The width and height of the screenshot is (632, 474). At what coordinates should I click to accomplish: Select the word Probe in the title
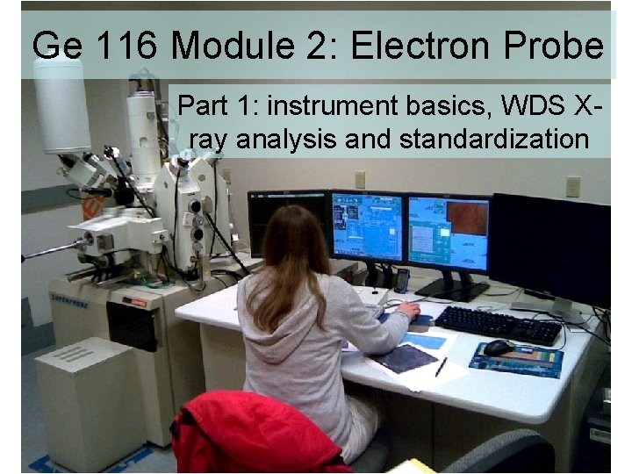[563, 46]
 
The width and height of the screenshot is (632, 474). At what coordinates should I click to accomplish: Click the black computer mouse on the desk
[498, 348]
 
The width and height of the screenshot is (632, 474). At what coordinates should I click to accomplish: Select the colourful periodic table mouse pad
[518, 358]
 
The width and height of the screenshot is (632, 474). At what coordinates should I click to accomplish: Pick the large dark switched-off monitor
[549, 249]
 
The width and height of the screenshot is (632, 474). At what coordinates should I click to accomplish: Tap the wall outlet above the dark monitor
[572, 186]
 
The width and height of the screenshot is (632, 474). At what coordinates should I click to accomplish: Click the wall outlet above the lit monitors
[360, 179]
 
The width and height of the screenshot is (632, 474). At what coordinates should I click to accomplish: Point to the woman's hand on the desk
[408, 310]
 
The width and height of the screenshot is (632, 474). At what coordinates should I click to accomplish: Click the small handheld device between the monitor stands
[401, 280]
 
